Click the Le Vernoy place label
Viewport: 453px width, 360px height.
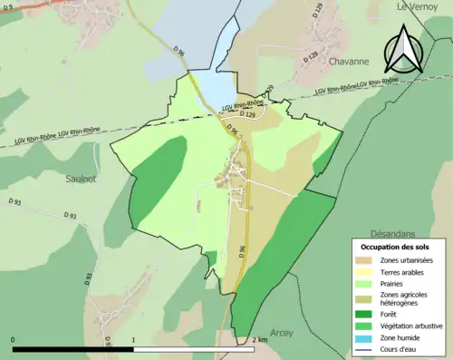(419, 6)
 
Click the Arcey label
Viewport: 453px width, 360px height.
(282, 334)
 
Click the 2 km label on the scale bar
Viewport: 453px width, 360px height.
(260, 339)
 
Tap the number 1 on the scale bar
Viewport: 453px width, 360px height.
(134, 339)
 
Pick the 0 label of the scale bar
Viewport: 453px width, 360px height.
(14, 339)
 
